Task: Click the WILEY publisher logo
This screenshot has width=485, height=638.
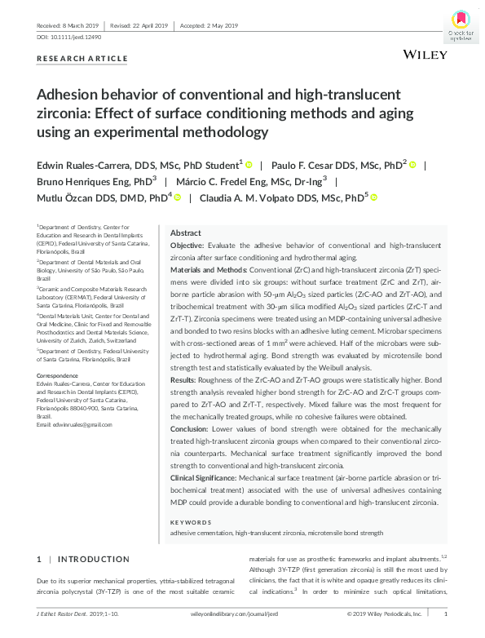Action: click(x=425, y=54)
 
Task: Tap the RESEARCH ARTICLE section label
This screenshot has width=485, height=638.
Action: click(x=82, y=59)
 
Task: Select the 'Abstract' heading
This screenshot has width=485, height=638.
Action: click(x=185, y=233)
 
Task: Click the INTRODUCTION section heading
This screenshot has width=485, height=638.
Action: click(x=94, y=559)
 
